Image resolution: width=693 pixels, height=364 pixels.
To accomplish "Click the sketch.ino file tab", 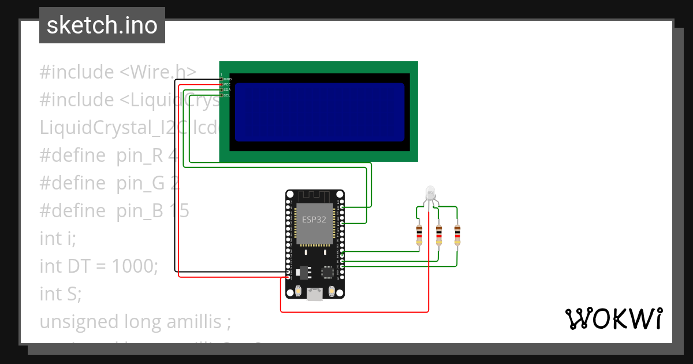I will click(x=102, y=25).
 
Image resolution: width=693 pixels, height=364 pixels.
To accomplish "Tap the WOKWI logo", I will click(x=613, y=318).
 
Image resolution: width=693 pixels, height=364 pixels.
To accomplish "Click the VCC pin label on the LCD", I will click(x=227, y=84).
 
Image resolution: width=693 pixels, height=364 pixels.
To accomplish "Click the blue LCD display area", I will click(x=319, y=112).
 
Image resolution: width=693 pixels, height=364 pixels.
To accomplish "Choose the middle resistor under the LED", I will click(x=439, y=235).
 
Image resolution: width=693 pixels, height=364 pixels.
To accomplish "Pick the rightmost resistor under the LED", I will click(x=457, y=235).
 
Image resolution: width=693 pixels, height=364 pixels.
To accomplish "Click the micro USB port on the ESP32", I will click(x=315, y=294).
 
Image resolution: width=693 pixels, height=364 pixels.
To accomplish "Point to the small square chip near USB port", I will click(x=328, y=272).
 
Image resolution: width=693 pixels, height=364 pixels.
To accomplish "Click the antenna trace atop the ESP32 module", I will click(x=315, y=196).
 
